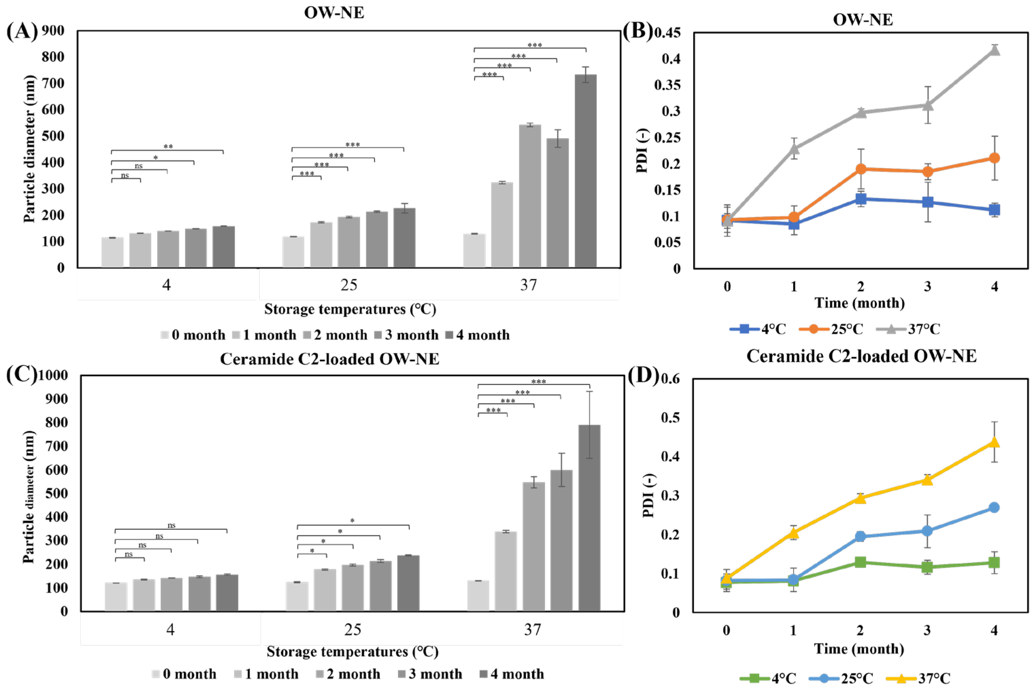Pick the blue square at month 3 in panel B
pos(928,202)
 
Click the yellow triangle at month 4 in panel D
pos(994,442)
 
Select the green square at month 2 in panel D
pos(860,562)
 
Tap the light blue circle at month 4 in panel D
pos(994,507)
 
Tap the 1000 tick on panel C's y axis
pos(53,375)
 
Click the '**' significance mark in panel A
pos(168,147)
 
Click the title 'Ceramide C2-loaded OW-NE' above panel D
pos(861,356)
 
